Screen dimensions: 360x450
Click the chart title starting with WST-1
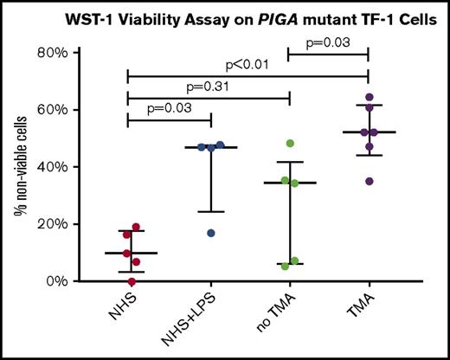(x=246, y=18)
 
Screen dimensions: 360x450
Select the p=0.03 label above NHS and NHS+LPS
(x=170, y=108)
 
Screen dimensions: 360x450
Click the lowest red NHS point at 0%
(x=132, y=281)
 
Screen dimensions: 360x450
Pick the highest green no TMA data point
(x=291, y=144)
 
